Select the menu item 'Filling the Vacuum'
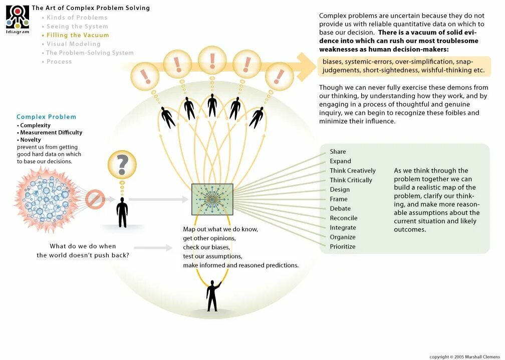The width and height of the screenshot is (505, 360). click(x=77, y=35)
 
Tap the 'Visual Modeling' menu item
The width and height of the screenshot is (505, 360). click(x=73, y=44)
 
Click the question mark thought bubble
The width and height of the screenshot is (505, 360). click(x=122, y=165)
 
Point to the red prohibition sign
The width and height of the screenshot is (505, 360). click(x=95, y=199)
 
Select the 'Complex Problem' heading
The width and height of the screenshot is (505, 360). click(x=46, y=117)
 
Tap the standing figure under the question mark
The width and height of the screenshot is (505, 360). click(x=122, y=212)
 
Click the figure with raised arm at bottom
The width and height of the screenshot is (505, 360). click(x=213, y=295)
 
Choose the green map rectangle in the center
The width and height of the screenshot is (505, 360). click(x=212, y=199)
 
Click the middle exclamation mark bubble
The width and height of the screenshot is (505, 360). click(x=212, y=60)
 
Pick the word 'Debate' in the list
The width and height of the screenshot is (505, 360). click(x=340, y=208)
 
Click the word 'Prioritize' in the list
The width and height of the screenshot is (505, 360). click(x=343, y=246)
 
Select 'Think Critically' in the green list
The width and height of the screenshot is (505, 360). click(x=351, y=180)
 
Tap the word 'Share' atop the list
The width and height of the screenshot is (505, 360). click(x=338, y=152)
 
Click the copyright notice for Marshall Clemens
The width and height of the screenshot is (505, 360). click(x=465, y=356)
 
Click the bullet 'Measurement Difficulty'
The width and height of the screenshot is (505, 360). click(x=51, y=133)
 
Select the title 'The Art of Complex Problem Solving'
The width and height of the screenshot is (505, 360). click(x=91, y=8)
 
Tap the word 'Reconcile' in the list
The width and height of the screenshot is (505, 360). click(x=344, y=218)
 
